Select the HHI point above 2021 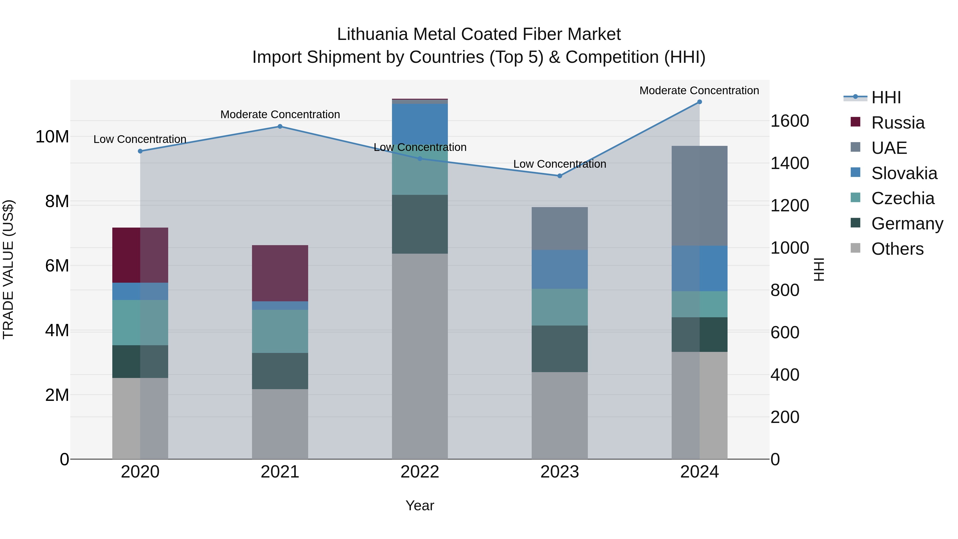[x=280, y=126]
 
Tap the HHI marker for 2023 [x=560, y=176]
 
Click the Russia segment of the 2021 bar [x=280, y=273]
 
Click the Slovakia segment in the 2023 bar [x=560, y=269]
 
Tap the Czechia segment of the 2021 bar [x=280, y=331]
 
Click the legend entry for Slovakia [x=904, y=173]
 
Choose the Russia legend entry [x=897, y=123]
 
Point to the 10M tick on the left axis [x=52, y=137]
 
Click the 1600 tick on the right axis [x=790, y=121]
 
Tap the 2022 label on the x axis [x=420, y=472]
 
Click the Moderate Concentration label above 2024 [x=699, y=90]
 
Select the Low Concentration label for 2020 [x=140, y=139]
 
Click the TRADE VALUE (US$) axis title [x=8, y=269]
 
